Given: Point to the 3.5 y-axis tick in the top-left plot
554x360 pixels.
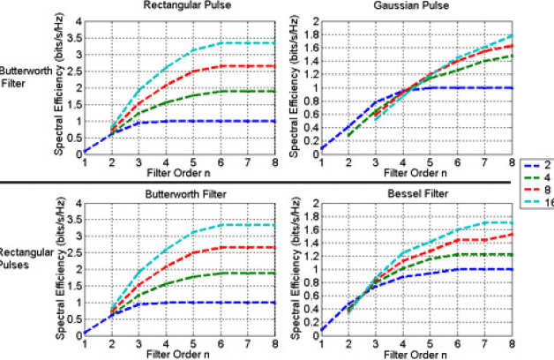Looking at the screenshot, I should coord(77,38).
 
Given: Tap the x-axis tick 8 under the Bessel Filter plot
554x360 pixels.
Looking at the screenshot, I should coord(512,346).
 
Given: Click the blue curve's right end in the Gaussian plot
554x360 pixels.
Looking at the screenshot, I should coord(512,87).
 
